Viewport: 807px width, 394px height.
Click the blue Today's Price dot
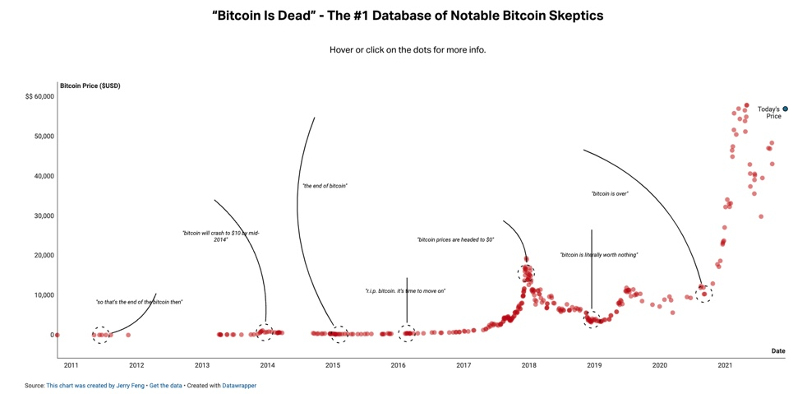pos(785,109)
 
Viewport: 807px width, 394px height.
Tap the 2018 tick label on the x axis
pos(528,365)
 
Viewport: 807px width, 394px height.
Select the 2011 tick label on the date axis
pos(71,365)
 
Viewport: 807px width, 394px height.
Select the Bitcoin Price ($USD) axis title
pos(90,86)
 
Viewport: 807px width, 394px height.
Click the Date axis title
pos(777,351)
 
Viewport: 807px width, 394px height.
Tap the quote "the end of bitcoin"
pos(325,186)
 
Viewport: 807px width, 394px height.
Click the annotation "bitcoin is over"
pos(609,194)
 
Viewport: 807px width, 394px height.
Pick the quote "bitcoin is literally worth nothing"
pos(598,255)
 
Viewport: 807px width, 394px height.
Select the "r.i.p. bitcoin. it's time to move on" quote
pos(405,291)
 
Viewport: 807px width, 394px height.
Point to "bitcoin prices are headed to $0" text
pos(455,240)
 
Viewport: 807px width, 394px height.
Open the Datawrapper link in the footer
pos(239,386)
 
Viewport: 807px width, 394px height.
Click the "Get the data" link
pos(166,386)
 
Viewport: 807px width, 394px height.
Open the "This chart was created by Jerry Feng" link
pos(95,386)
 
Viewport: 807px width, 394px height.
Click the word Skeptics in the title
pos(567,16)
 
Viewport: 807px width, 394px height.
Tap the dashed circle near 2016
pos(407,333)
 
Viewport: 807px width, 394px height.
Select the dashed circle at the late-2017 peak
pos(526,272)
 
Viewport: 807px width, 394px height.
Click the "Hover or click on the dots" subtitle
pos(408,49)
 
